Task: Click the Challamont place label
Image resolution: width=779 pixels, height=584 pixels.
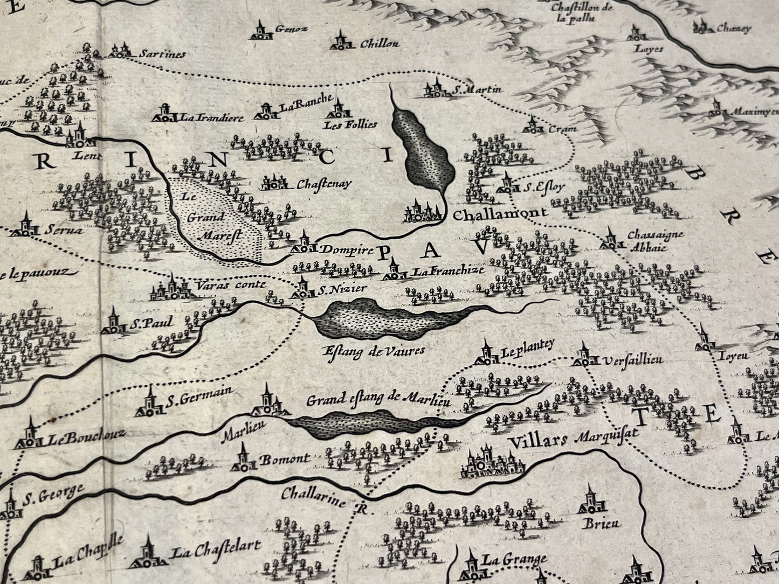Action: tap(500, 213)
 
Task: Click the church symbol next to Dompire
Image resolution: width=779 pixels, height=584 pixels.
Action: tap(302, 245)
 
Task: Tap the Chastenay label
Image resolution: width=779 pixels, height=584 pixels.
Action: tap(323, 184)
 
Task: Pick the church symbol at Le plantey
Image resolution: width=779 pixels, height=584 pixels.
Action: tap(487, 352)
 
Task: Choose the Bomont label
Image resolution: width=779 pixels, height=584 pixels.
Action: tap(285, 460)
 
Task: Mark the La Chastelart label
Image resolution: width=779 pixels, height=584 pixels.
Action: tap(216, 548)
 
